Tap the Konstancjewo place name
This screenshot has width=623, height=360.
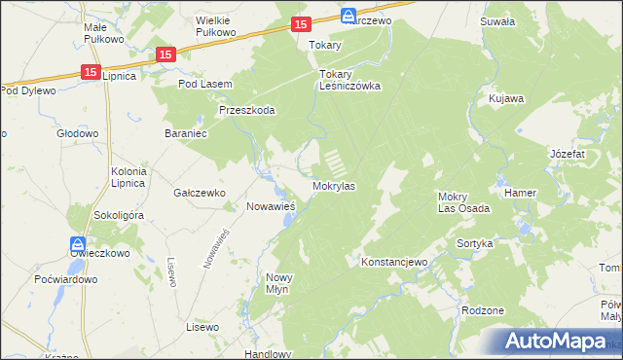point(394,263)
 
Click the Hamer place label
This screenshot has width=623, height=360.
point(520,193)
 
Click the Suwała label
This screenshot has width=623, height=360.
point(497,19)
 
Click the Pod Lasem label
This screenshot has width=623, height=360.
point(204,85)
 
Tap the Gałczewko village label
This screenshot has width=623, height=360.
point(200,193)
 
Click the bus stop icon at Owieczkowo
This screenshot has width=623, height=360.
point(77,244)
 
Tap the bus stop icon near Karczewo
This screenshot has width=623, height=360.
point(348,16)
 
